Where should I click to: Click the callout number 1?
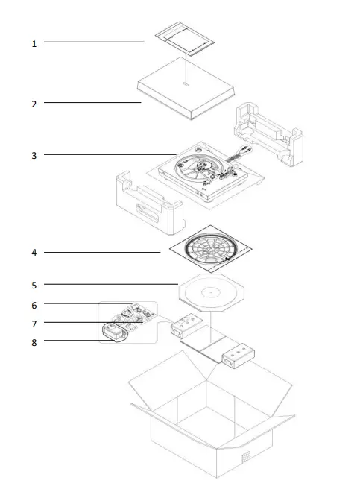pyautogui.click(x=34, y=44)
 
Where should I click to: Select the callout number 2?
pyautogui.click(x=34, y=104)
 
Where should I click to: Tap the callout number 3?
pyautogui.click(x=34, y=156)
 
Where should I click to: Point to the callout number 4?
pyautogui.click(x=34, y=253)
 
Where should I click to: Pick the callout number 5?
pyautogui.click(x=34, y=285)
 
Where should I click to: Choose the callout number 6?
pyautogui.click(x=34, y=305)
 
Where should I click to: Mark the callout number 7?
pyautogui.click(x=34, y=324)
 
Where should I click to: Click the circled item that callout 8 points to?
pyautogui.click(x=114, y=333)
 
